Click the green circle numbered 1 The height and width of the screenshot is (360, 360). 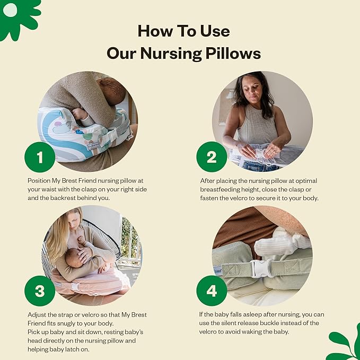click(40, 157)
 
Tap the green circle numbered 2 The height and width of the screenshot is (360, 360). click(212, 157)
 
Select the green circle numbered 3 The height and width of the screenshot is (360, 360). click(40, 291)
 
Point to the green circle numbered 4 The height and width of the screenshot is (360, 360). click(212, 291)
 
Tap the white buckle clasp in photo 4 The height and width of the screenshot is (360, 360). click(262, 268)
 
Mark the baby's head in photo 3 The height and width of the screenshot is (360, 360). click(74, 258)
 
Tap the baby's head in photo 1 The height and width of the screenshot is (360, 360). click(112, 90)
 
